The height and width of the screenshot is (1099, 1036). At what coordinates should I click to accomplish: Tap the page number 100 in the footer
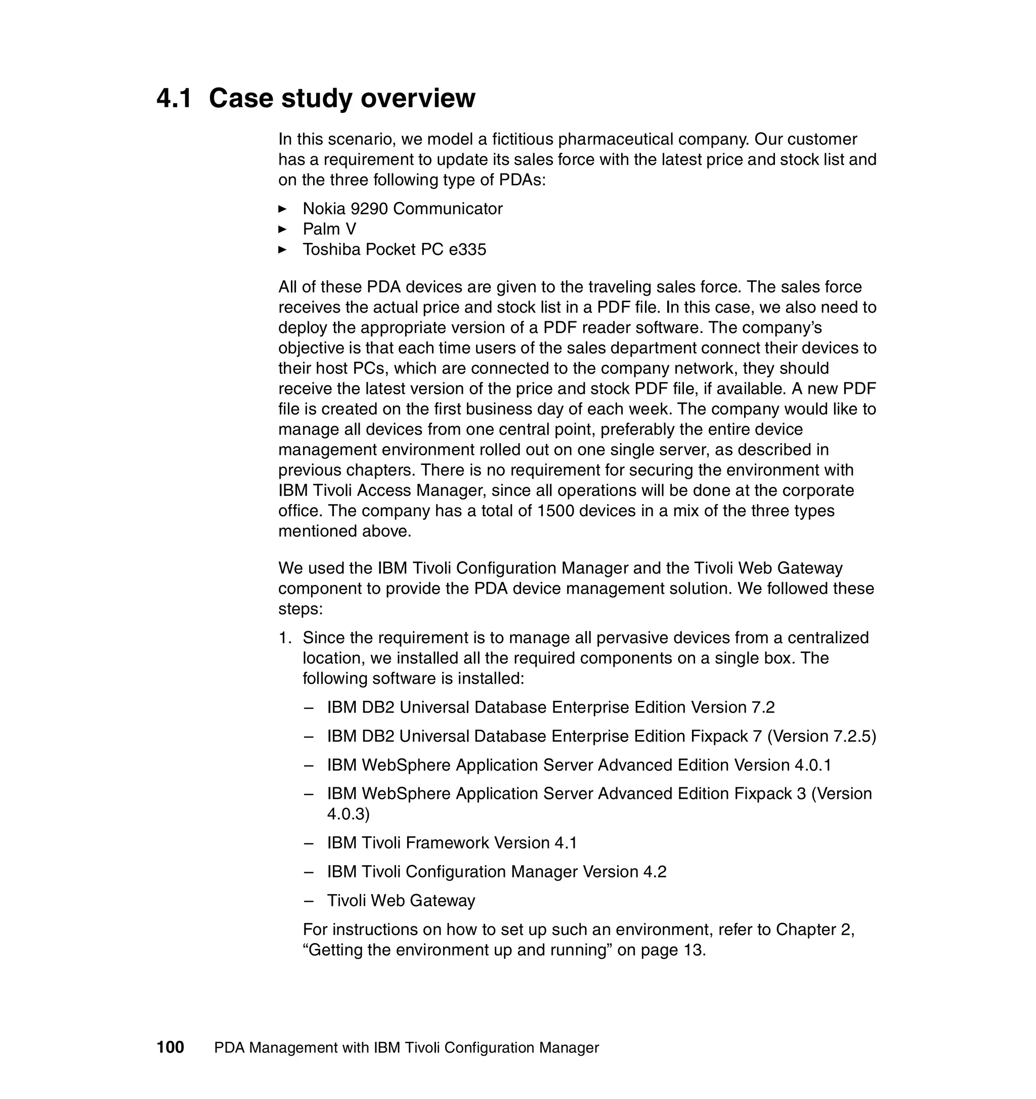coord(170,1047)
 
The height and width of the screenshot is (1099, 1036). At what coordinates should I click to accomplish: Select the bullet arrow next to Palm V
coord(282,229)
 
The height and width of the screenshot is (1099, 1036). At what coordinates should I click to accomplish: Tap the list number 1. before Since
coord(285,638)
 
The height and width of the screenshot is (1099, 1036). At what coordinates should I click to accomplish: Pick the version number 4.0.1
coord(813,766)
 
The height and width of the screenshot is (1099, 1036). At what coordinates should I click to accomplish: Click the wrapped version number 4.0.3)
coord(348,814)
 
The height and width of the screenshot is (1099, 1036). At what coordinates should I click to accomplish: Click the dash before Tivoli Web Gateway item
coord(309,901)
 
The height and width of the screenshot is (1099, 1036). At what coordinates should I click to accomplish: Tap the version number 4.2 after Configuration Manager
coord(655,872)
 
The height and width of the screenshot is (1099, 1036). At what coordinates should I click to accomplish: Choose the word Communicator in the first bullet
coord(448,209)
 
